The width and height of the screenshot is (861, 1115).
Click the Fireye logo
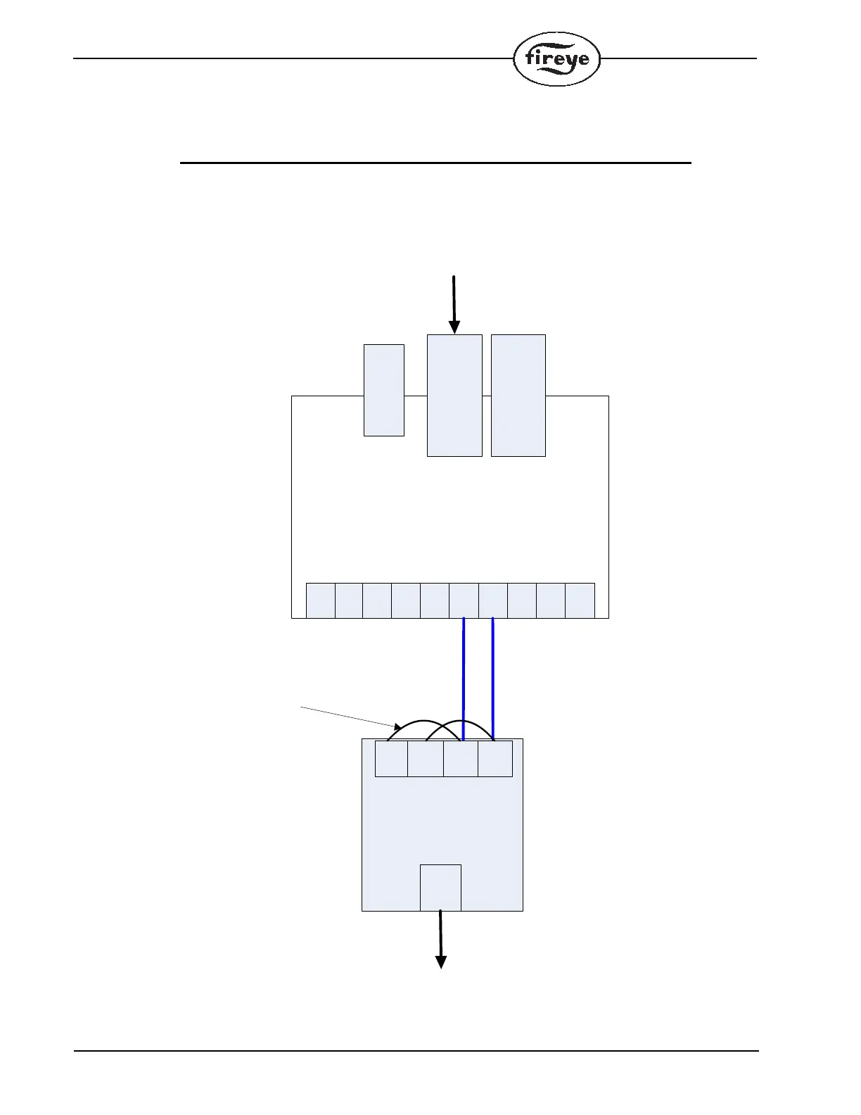(x=556, y=59)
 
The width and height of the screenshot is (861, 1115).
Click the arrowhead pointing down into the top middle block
(x=454, y=327)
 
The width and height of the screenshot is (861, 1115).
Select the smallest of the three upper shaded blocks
(x=383, y=390)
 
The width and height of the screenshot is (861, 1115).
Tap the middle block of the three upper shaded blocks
(x=454, y=396)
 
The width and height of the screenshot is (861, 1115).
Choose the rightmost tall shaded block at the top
(x=518, y=396)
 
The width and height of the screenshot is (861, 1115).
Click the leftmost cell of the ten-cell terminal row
(x=320, y=600)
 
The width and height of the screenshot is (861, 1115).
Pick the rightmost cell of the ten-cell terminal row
(x=580, y=600)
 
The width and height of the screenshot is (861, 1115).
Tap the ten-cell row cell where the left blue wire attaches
(x=464, y=600)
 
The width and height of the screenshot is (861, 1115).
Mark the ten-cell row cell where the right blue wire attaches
(x=493, y=600)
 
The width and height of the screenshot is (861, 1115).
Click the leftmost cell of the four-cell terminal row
(x=391, y=758)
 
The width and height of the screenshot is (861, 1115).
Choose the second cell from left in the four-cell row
(x=426, y=758)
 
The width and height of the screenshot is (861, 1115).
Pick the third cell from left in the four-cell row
(x=461, y=758)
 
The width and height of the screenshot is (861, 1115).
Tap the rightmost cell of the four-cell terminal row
(x=495, y=758)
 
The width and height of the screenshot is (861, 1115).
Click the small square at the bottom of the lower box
(x=440, y=888)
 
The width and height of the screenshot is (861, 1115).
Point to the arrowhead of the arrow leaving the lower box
(x=441, y=962)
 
